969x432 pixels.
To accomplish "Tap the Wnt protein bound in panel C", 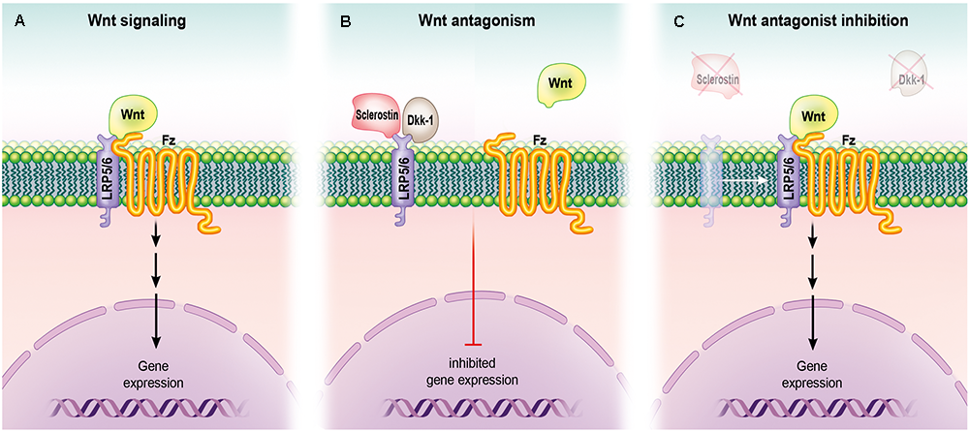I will [x=816, y=116].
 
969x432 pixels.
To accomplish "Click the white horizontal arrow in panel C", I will [x=743, y=180].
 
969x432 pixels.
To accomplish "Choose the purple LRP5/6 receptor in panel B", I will [x=403, y=179].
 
